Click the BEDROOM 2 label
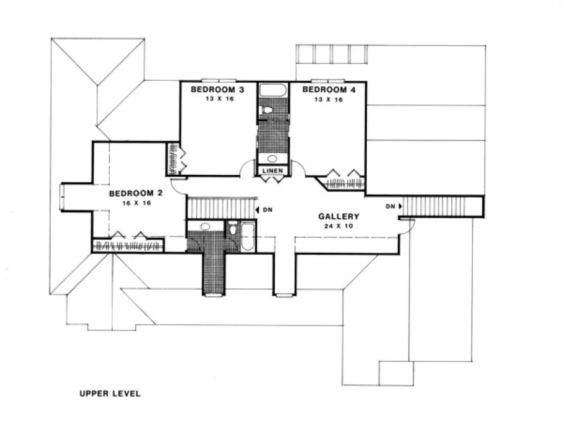click(136, 193)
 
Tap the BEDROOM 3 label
click(219, 90)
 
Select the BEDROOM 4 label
click(329, 90)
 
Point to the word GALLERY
click(339, 217)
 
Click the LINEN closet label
click(273, 170)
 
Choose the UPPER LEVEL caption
click(110, 393)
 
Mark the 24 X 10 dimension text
click(339, 226)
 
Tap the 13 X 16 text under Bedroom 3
click(219, 99)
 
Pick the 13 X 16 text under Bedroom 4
click(329, 99)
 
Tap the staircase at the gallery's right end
click(441, 206)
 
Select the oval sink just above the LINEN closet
click(272, 159)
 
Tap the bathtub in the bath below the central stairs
click(246, 236)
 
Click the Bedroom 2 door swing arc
click(178, 186)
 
